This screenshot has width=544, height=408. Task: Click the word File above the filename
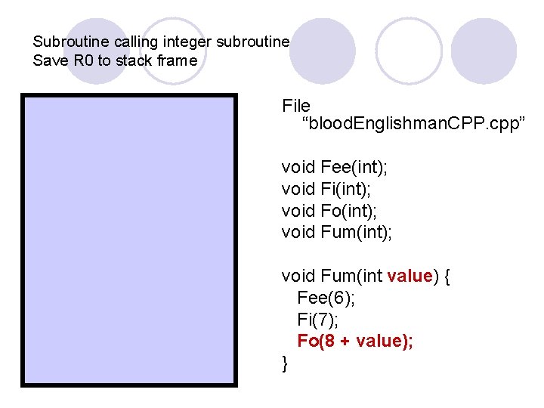click(296, 105)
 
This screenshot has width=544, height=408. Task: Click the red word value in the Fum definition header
click(409, 276)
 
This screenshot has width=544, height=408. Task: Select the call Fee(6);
click(326, 298)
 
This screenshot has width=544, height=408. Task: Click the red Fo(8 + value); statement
click(355, 341)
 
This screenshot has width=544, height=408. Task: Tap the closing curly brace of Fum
click(285, 363)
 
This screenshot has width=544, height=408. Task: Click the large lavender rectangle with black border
click(129, 240)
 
